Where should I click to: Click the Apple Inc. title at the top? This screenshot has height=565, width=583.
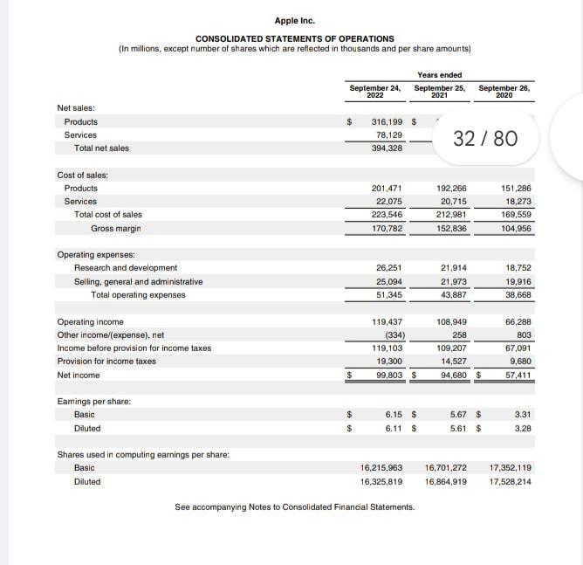(x=294, y=21)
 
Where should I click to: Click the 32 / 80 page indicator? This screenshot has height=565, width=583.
(x=486, y=138)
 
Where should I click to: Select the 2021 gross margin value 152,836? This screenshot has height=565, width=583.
(x=449, y=228)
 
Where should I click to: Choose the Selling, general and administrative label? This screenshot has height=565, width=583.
(x=138, y=281)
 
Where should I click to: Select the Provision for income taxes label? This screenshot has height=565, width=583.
(x=106, y=362)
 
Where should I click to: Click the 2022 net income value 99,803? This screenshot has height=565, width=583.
(x=384, y=375)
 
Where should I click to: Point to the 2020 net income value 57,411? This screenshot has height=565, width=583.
(x=515, y=375)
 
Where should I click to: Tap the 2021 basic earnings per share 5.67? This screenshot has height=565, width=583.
(x=456, y=415)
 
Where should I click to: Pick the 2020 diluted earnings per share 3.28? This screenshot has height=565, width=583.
(x=522, y=429)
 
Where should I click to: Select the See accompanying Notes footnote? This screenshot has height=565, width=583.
(x=294, y=507)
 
